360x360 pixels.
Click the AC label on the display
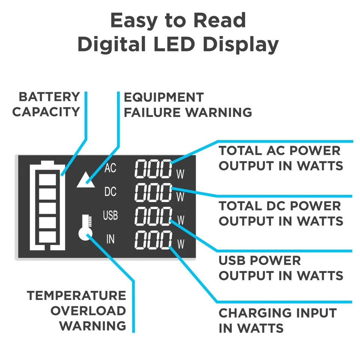click(110, 169)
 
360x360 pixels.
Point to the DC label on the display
click(110, 192)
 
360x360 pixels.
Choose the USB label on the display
click(110, 215)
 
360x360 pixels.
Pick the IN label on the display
click(110, 239)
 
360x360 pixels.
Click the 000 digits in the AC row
click(153, 169)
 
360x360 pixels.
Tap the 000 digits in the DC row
click(153, 193)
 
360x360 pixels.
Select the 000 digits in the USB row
click(153, 216)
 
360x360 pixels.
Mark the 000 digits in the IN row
click(153, 240)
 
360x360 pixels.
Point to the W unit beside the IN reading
click(180, 244)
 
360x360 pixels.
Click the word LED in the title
click(174, 45)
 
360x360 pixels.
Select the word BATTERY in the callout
click(49, 97)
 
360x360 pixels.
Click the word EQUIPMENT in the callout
click(163, 98)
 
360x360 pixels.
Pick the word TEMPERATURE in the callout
click(76, 295)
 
